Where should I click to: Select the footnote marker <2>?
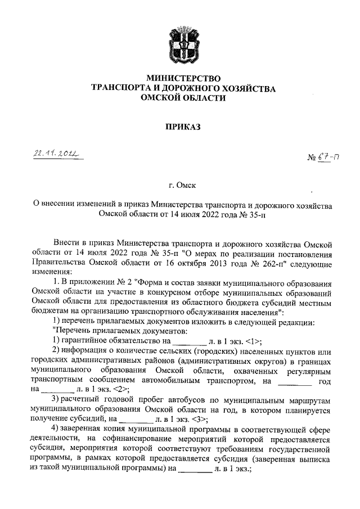pyautogui.click(x=120, y=388)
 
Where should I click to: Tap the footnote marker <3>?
pyautogui.click(x=200, y=420)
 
